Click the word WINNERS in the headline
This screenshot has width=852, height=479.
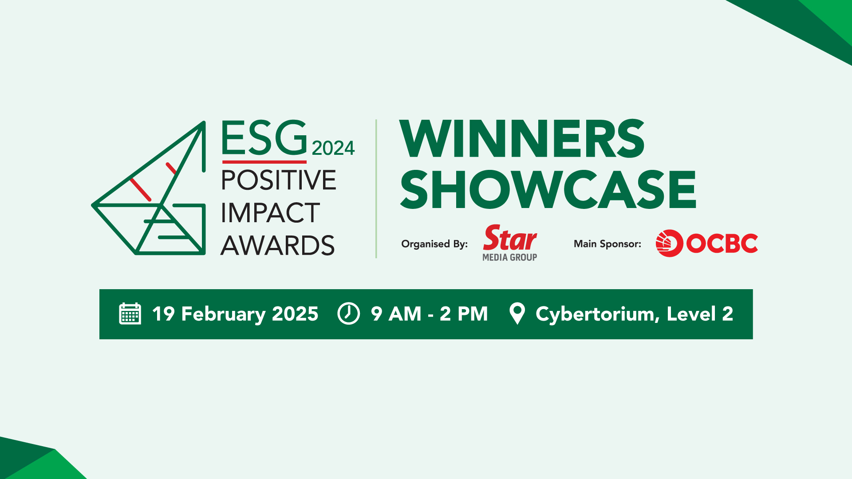[x=522, y=139]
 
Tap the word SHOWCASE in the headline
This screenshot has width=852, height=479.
[x=548, y=190]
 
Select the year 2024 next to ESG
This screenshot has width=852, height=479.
[x=333, y=148]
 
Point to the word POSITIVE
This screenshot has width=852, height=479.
[x=279, y=180]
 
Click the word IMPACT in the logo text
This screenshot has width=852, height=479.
[x=270, y=213]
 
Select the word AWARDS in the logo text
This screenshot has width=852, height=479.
[x=278, y=246]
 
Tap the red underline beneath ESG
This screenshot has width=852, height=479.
[x=264, y=162]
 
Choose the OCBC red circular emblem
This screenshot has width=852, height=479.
[x=669, y=243]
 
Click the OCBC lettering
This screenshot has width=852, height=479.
[x=722, y=243]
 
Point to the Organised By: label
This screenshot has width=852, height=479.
[x=434, y=244]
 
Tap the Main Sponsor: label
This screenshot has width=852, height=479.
[x=607, y=244]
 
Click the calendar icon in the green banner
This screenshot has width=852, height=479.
[x=130, y=314]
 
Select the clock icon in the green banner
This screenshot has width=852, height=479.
[x=349, y=314]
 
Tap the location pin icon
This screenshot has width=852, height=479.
[x=517, y=314]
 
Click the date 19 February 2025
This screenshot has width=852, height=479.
[x=235, y=314]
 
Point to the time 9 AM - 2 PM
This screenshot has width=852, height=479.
[x=429, y=314]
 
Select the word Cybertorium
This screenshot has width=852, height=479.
[x=595, y=314]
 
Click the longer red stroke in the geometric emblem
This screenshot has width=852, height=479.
[x=141, y=190]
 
